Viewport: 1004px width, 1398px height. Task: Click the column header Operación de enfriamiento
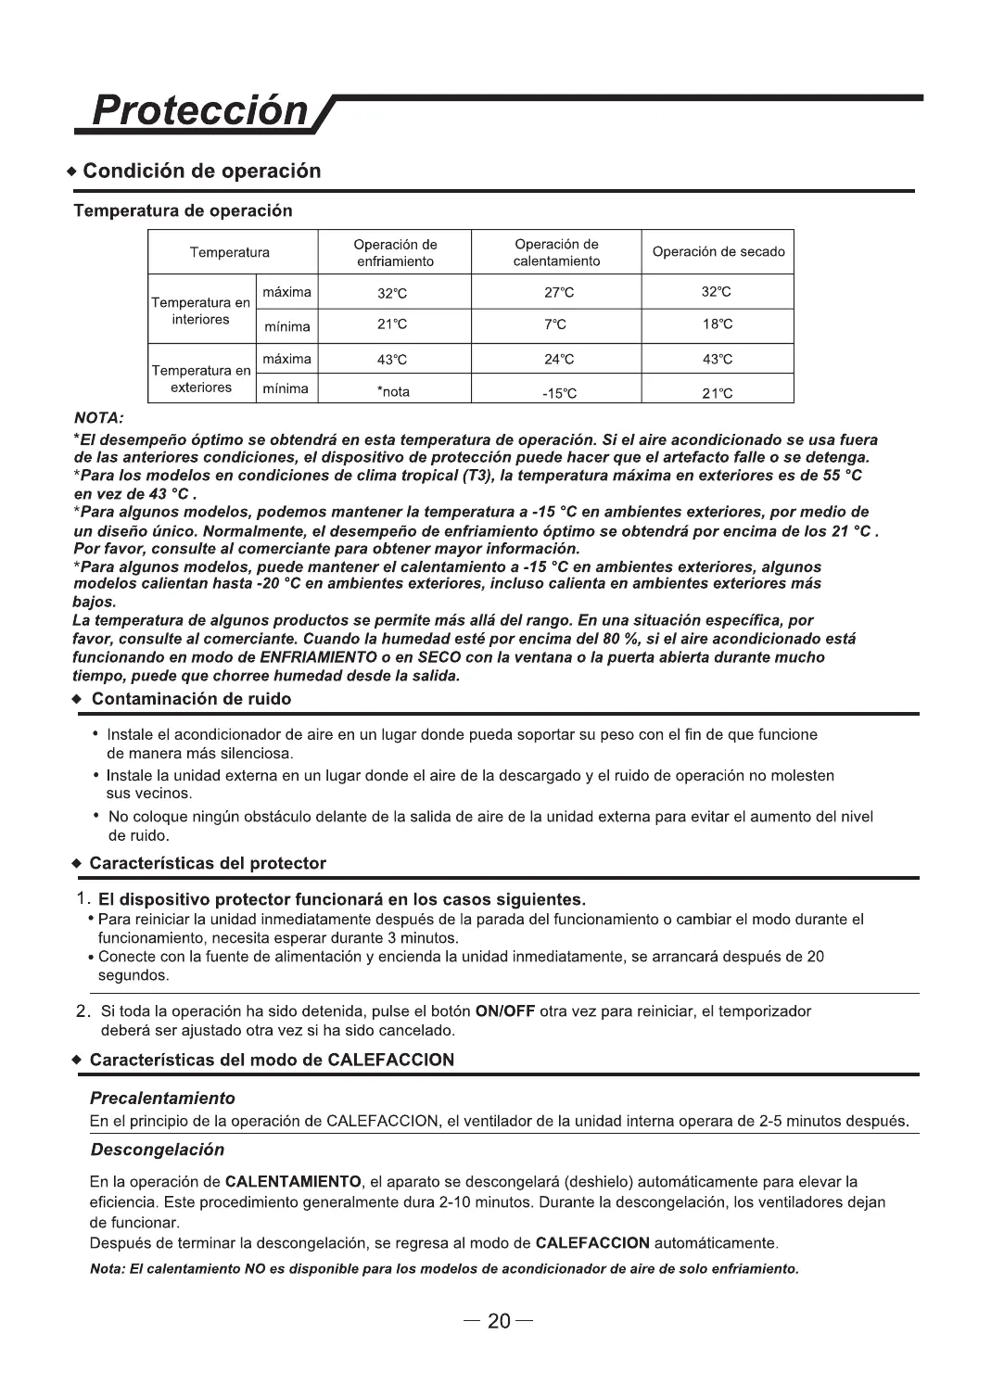click(x=395, y=253)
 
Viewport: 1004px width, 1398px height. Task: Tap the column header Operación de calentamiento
click(x=556, y=253)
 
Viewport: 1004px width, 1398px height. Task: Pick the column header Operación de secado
click(x=718, y=252)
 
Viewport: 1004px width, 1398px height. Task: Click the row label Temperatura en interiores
click(x=200, y=311)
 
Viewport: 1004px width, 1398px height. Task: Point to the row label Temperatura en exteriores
click(x=200, y=379)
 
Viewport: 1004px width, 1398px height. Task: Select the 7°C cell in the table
click(x=555, y=325)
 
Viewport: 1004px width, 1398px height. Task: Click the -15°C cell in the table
click(x=559, y=393)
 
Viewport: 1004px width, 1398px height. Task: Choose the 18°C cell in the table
click(x=718, y=324)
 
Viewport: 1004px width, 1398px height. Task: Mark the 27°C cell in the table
click(x=559, y=293)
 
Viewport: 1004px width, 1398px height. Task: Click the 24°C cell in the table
click(x=559, y=360)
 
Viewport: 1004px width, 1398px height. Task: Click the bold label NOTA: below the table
click(x=98, y=419)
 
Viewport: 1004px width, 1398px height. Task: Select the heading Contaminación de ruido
click(x=190, y=699)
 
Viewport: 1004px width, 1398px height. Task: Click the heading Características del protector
click(x=208, y=863)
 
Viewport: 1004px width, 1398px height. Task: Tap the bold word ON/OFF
click(x=504, y=1010)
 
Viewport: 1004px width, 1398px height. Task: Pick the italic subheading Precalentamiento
click(x=162, y=1099)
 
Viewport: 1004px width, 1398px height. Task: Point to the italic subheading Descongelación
click(x=158, y=1150)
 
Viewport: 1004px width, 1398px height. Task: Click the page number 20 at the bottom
click(x=500, y=1321)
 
